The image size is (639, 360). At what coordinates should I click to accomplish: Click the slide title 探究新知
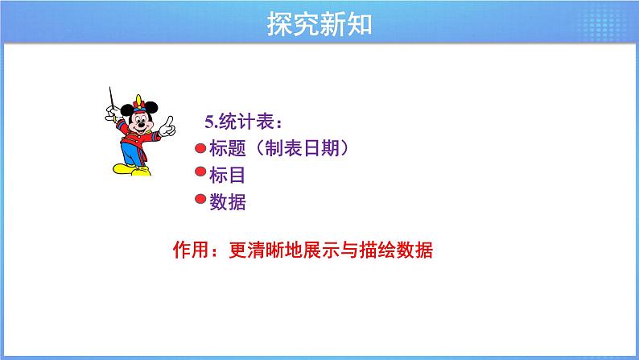[319, 24]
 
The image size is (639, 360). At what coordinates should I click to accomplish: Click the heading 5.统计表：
[243, 122]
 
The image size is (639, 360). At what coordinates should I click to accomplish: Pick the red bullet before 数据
[200, 201]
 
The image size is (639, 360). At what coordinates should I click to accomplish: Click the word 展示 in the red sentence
[323, 250]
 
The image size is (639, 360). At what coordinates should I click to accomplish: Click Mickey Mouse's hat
[140, 104]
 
